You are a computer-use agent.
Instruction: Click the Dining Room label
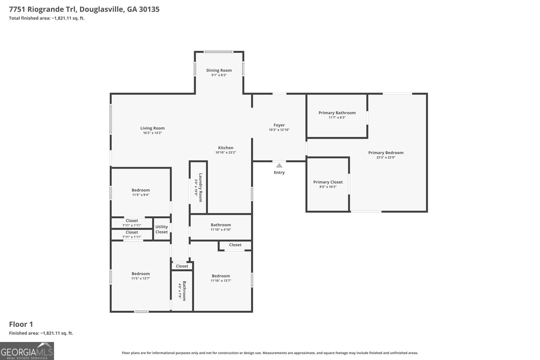click(219, 71)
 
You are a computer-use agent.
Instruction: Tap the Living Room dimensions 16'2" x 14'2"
click(153, 133)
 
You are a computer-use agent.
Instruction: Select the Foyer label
click(279, 125)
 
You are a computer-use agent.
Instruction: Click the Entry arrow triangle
click(279, 165)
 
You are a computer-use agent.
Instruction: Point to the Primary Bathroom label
click(337, 113)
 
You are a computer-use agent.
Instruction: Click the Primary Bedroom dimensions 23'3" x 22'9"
click(386, 158)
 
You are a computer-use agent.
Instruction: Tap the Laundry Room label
click(200, 188)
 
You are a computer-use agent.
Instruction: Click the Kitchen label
click(225, 148)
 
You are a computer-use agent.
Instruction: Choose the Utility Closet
click(162, 229)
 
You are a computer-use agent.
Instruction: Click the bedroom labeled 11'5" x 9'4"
click(141, 192)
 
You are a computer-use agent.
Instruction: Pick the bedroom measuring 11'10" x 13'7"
click(221, 278)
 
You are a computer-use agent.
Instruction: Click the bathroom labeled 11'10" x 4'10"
click(221, 227)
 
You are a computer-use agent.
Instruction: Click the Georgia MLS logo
click(27, 351)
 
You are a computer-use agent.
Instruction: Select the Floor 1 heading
click(21, 324)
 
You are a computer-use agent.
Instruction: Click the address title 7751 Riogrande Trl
click(84, 9)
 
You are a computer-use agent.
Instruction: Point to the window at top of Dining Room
click(219, 52)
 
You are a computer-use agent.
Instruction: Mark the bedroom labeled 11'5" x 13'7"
click(141, 276)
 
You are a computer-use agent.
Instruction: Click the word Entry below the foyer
click(279, 172)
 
